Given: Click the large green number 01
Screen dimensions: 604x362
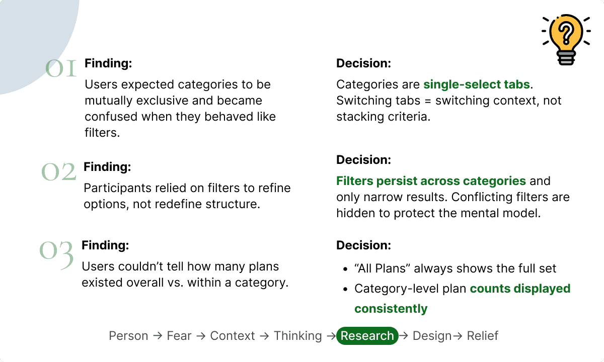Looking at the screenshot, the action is pyautogui.click(x=61, y=68).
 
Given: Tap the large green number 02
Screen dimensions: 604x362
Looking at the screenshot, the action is pyautogui.click(x=59, y=171).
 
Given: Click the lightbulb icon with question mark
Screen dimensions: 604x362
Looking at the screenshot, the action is pyautogui.click(x=566, y=40).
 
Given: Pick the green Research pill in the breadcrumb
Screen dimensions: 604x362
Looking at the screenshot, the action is pyautogui.click(x=367, y=336).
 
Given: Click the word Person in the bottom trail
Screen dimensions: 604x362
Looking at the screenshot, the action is pyautogui.click(x=128, y=336).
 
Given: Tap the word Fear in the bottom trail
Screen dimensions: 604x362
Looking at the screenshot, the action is pyautogui.click(x=179, y=336).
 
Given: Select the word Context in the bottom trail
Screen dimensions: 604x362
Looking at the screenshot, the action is pyautogui.click(x=233, y=336).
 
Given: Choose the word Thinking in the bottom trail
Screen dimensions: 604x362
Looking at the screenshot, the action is pyautogui.click(x=297, y=336).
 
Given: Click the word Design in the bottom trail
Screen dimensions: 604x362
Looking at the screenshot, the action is pyautogui.click(x=432, y=336).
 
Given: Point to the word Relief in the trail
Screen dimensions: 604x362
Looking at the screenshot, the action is pyautogui.click(x=482, y=336).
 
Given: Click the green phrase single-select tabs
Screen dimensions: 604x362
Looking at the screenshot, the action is pyautogui.click(x=477, y=84).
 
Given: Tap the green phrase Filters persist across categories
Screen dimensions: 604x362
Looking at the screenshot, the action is pyautogui.click(x=431, y=180).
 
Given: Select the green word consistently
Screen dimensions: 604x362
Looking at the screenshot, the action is pyautogui.click(x=391, y=309).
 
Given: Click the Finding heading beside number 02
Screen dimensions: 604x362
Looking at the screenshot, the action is pyautogui.click(x=107, y=167).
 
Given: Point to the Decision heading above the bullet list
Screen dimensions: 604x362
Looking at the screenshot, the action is pyautogui.click(x=363, y=245).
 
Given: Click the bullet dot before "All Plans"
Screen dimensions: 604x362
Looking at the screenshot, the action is pyautogui.click(x=345, y=269).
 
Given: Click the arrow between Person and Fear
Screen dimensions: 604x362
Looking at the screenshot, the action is pyautogui.click(x=158, y=336).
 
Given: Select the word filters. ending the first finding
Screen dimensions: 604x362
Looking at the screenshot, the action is pyautogui.click(x=102, y=133).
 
